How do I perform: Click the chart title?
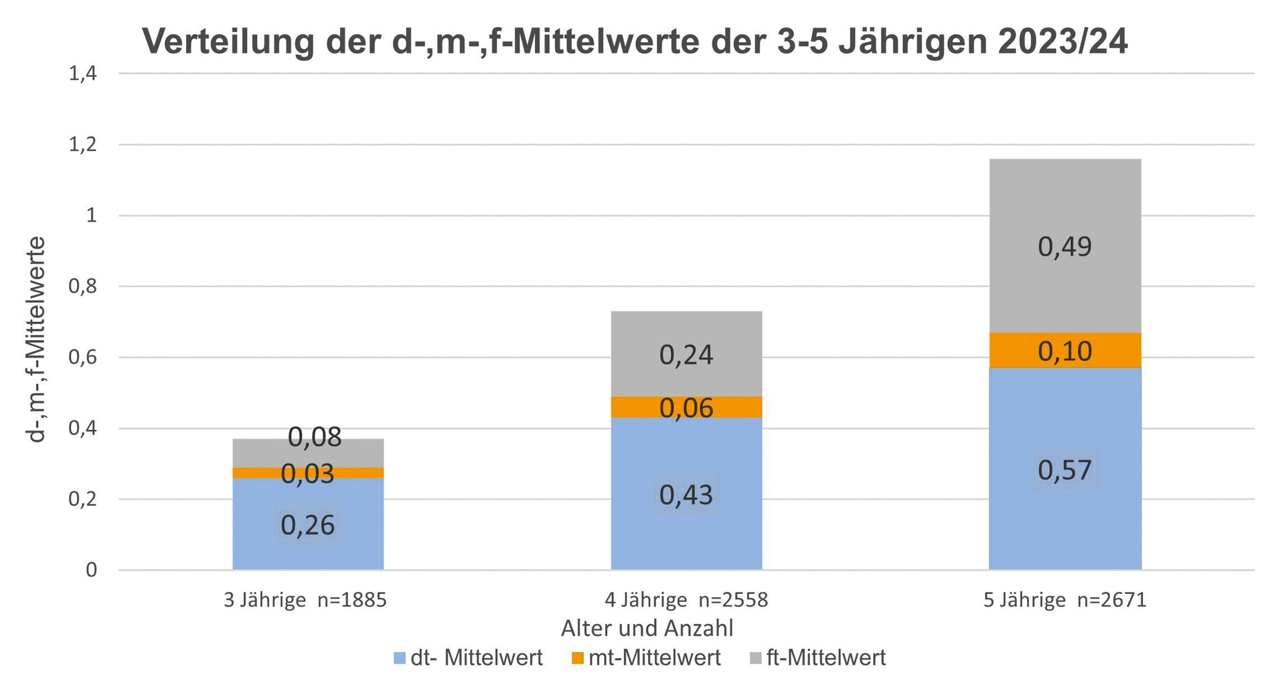[635, 42]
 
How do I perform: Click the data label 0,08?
[315, 437]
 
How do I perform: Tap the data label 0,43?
[686, 495]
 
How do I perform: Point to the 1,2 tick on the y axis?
[83, 145]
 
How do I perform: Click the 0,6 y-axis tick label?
[83, 358]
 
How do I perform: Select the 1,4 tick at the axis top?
[83, 74]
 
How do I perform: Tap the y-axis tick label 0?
[91, 570]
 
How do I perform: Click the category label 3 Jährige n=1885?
[305, 600]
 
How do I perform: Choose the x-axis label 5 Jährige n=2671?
[1064, 600]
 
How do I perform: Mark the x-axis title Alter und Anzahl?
[647, 629]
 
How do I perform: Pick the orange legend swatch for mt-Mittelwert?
[578, 659]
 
